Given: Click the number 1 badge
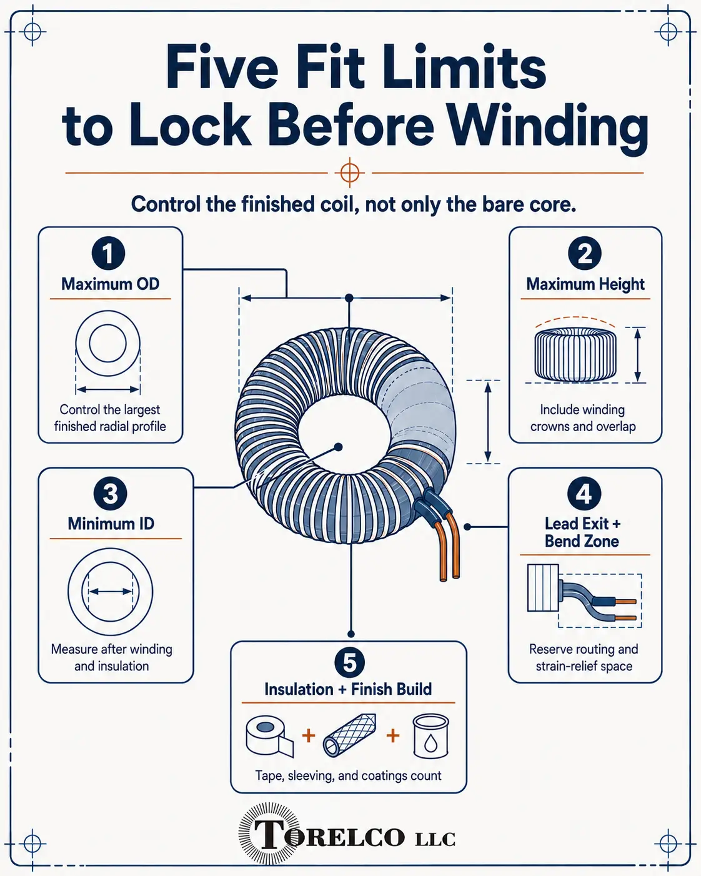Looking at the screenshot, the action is [108, 253].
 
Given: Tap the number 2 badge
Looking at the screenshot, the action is [585, 253].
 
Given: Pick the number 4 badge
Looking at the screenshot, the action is [584, 493].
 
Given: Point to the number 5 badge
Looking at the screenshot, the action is [350, 662].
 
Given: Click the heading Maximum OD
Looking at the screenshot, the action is [111, 284].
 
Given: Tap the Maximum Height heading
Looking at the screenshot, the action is [585, 284].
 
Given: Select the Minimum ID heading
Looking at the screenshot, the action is [111, 524].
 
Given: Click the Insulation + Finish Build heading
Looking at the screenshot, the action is [348, 689].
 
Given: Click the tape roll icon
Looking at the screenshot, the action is [269, 736].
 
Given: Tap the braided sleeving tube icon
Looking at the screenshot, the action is [349, 735].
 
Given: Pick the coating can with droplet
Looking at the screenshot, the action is [430, 735].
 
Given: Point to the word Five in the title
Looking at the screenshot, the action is [222, 67].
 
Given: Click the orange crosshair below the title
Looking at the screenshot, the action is [349, 173].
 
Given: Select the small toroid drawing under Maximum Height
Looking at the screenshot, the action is [575, 354].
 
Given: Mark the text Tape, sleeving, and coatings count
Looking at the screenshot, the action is [348, 776].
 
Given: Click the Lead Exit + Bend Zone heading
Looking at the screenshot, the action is [582, 532].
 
